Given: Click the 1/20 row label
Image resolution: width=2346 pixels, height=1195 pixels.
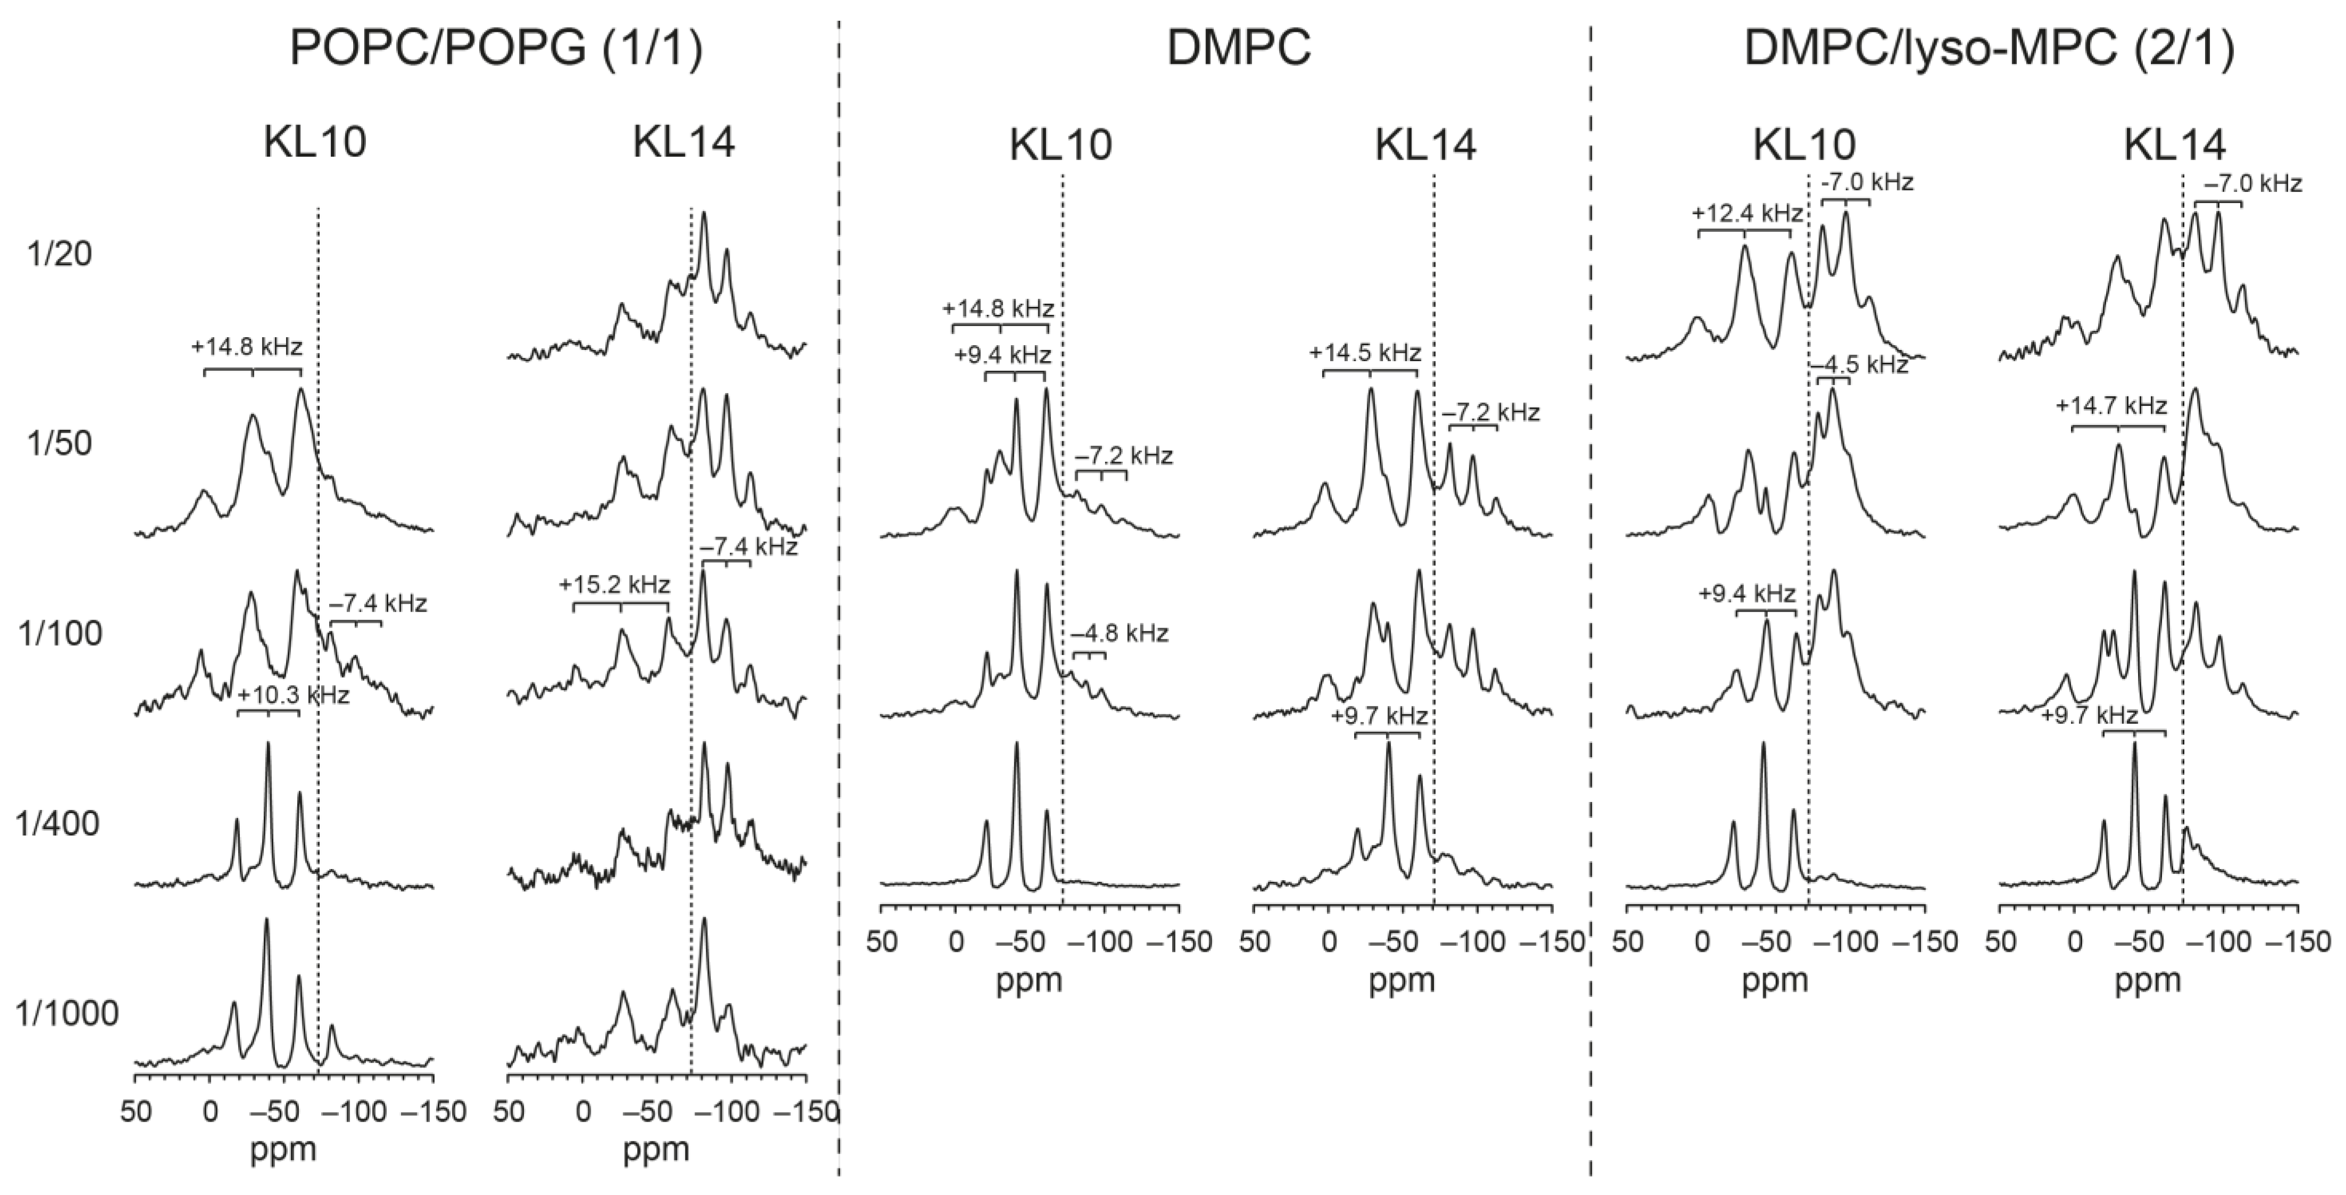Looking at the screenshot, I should pyautogui.click(x=55, y=255).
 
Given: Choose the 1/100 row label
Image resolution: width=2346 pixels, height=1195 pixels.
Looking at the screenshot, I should pyautogui.click(x=60, y=635).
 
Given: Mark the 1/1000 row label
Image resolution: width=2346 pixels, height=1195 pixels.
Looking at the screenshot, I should pyautogui.click(x=68, y=1014).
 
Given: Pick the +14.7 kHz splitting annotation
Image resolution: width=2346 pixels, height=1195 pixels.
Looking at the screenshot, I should pyautogui.click(x=2111, y=405).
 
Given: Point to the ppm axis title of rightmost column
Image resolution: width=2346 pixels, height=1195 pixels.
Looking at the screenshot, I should pyautogui.click(x=2148, y=981).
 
